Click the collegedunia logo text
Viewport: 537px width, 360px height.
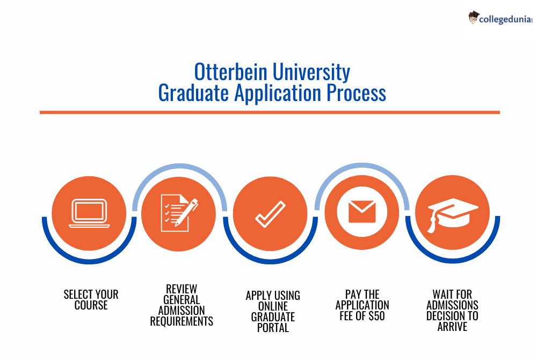click(x=505, y=19)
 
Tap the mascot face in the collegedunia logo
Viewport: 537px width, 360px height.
click(x=473, y=18)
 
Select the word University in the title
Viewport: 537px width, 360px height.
click(x=311, y=73)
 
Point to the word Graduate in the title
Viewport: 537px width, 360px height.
click(x=193, y=93)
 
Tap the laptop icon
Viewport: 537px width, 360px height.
click(x=89, y=213)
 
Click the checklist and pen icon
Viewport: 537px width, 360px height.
click(x=179, y=213)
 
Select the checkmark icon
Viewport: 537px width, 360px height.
click(x=270, y=214)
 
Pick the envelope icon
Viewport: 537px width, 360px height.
click(x=362, y=212)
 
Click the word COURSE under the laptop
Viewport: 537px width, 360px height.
click(x=91, y=305)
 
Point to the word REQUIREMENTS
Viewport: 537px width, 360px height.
click(x=182, y=321)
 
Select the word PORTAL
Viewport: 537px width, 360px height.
click(x=273, y=328)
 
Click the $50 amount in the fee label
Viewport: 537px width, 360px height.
click(x=377, y=316)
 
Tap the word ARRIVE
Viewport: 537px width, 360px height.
click(x=452, y=327)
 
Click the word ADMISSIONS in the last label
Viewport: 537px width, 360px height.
click(x=452, y=305)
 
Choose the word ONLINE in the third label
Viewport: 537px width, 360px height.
click(x=273, y=306)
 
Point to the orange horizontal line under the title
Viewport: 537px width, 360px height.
click(x=270, y=112)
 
